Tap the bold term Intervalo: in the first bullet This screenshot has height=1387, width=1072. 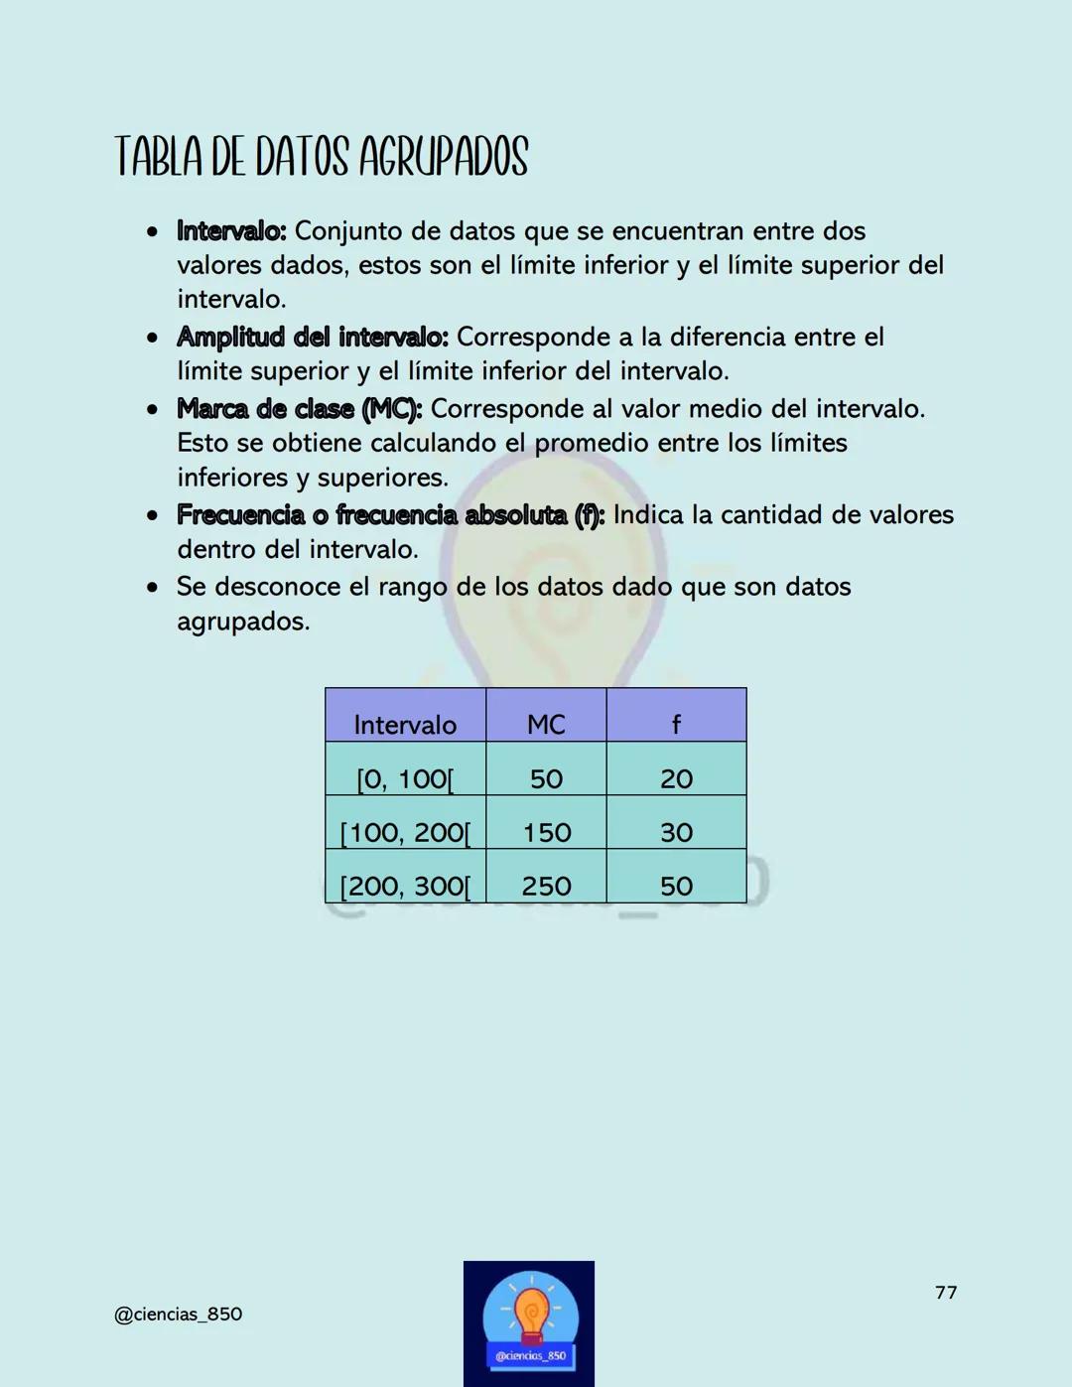click(231, 231)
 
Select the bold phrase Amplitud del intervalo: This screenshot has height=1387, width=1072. click(313, 338)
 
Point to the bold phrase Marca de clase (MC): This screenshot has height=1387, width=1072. click(300, 409)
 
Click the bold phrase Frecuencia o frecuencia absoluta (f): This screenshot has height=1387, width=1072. click(390, 515)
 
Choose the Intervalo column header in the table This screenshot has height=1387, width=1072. click(405, 724)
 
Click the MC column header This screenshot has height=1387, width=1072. click(546, 724)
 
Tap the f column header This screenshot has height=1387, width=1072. click(676, 724)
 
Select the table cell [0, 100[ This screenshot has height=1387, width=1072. click(405, 778)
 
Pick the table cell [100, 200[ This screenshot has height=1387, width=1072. click(405, 832)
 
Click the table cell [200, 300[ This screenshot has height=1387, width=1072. click(405, 886)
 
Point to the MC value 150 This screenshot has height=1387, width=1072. click(547, 832)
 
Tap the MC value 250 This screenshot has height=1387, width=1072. click(547, 886)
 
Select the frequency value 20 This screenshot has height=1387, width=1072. click(676, 778)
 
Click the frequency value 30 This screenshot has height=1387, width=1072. click(676, 832)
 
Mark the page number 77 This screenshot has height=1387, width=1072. click(946, 1292)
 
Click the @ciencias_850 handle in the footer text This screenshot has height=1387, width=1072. click(178, 1314)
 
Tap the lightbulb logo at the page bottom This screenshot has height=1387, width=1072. click(529, 1322)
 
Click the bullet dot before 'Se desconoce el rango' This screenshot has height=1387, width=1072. click(152, 588)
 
